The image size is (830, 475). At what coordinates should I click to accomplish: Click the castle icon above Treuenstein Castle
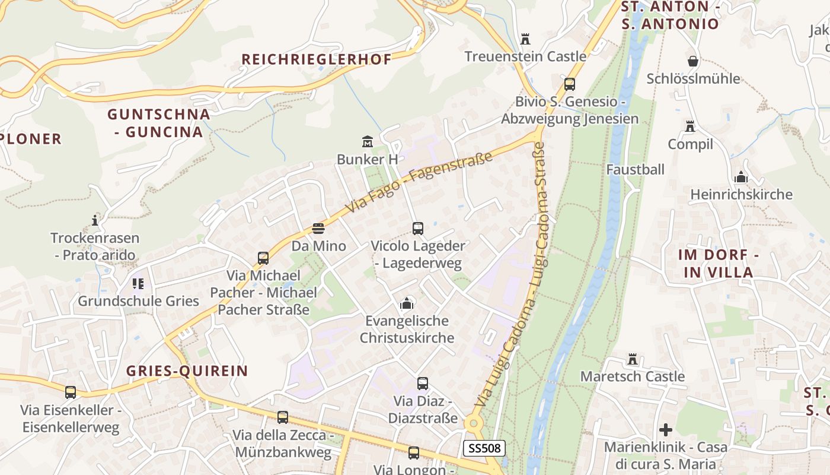(525, 39)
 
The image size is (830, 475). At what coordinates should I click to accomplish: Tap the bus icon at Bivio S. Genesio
(570, 84)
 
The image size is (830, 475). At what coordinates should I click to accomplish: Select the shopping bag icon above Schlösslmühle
(692, 61)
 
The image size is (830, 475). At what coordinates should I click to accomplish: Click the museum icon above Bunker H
(368, 142)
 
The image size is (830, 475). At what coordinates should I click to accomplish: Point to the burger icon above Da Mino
(318, 229)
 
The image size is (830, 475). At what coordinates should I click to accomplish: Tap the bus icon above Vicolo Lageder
(418, 228)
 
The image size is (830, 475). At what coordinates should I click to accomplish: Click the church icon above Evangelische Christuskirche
(407, 303)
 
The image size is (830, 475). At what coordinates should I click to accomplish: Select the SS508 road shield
(484, 448)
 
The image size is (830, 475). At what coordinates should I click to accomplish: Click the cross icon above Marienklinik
(666, 429)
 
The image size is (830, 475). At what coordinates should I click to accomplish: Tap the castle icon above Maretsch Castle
(633, 359)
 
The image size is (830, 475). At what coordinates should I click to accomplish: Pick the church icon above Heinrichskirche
(741, 177)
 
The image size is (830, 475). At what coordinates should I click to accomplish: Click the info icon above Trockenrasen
(95, 221)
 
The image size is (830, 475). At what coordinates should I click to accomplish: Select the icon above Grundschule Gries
(138, 284)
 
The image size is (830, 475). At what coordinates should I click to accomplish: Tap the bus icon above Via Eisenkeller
(71, 392)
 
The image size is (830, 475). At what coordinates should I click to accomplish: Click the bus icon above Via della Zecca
(283, 417)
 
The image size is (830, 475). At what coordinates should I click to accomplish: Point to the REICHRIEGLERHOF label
(317, 59)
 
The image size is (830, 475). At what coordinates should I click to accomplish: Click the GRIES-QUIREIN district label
(187, 371)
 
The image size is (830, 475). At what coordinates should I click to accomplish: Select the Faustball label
(636, 169)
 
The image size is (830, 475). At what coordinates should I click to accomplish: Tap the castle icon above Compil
(690, 126)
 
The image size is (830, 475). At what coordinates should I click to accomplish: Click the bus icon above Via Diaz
(422, 384)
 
